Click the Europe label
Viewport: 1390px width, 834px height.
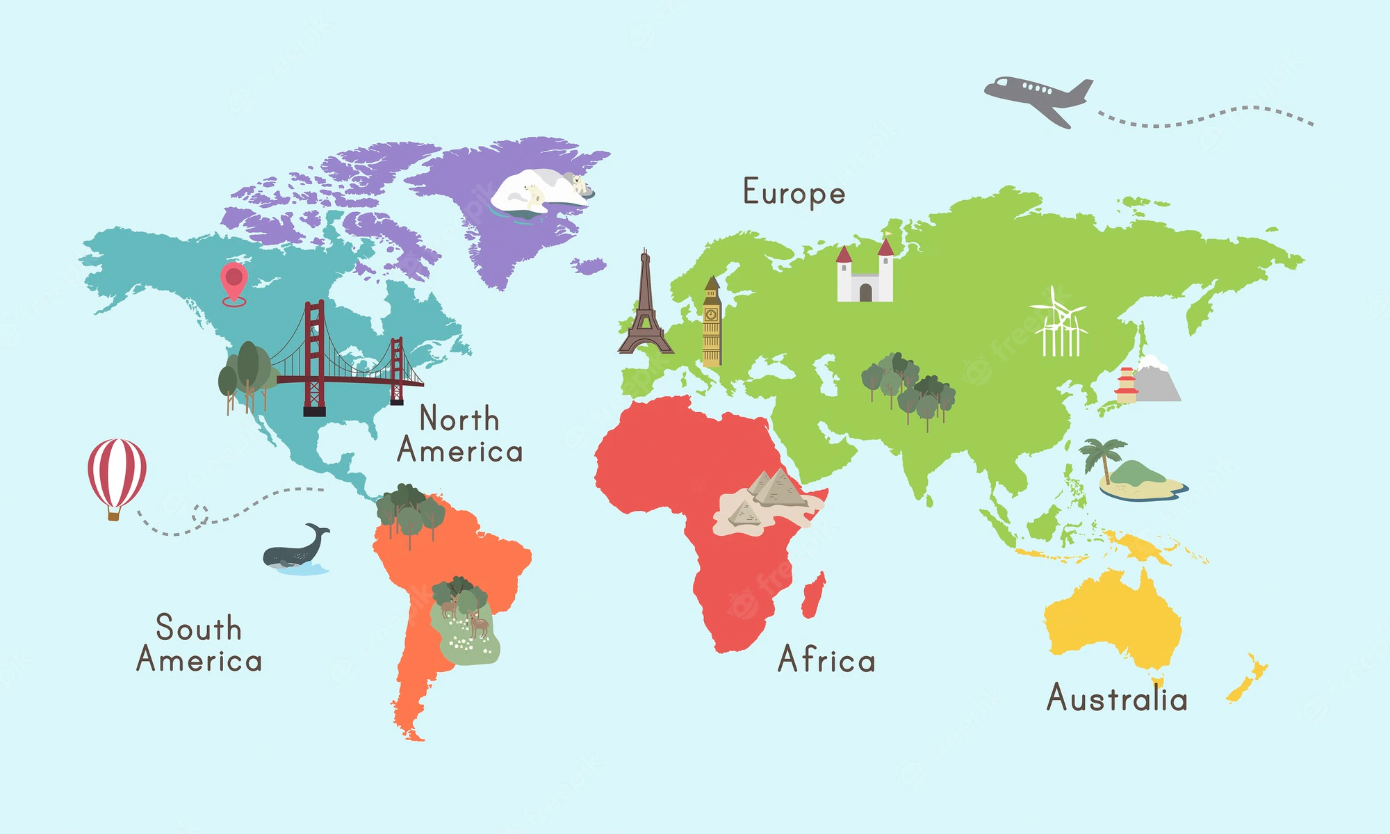tap(794, 193)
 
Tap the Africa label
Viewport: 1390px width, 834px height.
tap(826, 659)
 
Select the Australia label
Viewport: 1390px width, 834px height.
tap(1117, 697)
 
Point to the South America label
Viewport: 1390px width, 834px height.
tap(199, 644)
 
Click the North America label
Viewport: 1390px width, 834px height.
tap(459, 435)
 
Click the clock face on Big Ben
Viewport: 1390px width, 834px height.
tap(711, 314)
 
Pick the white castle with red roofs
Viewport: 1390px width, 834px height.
tap(865, 275)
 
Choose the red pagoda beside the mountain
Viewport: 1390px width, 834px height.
tap(1126, 386)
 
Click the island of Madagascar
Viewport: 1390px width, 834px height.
tap(813, 595)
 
